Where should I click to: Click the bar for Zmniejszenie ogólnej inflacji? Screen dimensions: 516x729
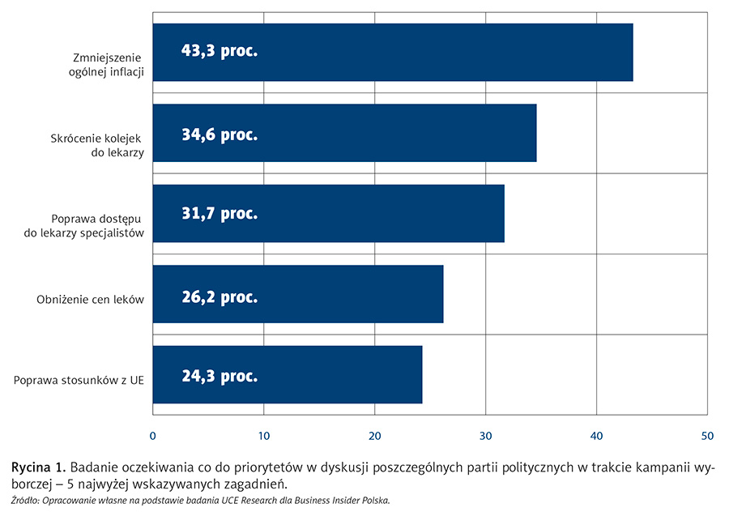(392, 52)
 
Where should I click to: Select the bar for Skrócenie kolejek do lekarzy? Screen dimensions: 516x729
(344, 133)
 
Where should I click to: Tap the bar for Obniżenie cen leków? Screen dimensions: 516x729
(297, 294)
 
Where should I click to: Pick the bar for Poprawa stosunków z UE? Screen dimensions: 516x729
(287, 374)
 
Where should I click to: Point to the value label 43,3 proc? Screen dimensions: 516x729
(219, 52)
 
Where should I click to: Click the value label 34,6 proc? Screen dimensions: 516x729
(219, 134)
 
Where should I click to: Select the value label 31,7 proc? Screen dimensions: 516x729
(219, 214)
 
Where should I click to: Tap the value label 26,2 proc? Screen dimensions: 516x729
(219, 297)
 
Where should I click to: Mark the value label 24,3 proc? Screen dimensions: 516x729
(219, 376)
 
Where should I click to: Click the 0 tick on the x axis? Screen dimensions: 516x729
(153, 436)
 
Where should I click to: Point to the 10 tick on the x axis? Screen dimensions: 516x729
(263, 436)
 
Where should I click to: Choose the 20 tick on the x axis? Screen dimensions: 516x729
(374, 436)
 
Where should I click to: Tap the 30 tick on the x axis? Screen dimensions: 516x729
(485, 436)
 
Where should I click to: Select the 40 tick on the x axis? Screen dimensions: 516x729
(596, 436)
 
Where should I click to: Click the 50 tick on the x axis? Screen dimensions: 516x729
(707, 436)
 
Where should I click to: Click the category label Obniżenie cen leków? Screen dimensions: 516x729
(90, 300)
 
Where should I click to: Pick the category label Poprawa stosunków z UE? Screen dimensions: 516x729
(79, 380)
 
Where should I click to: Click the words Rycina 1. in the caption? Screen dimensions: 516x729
(37, 468)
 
